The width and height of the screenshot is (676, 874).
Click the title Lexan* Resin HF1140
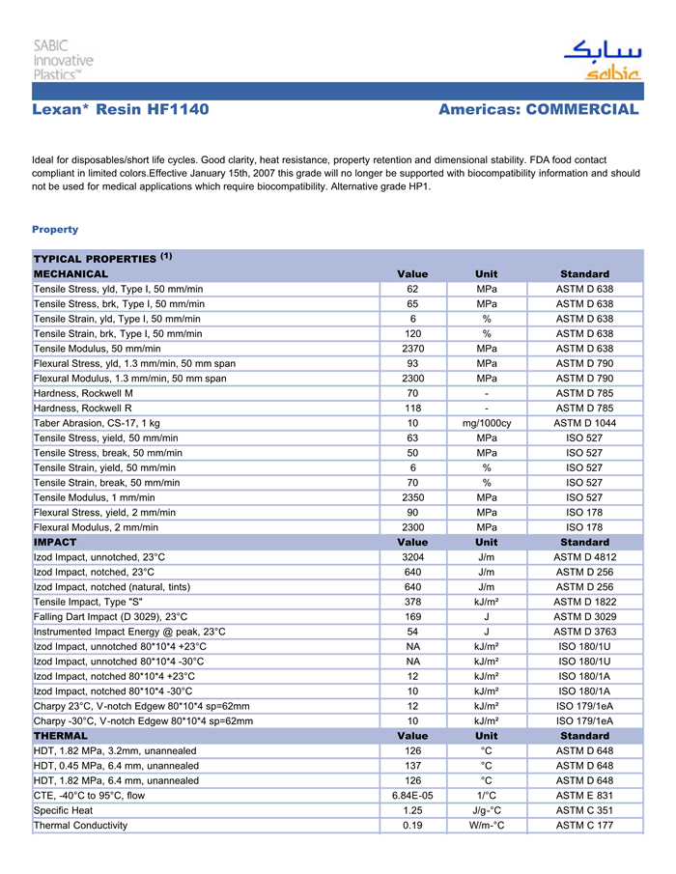121,110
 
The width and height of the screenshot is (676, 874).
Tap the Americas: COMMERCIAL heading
538,110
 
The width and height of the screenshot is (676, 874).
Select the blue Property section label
55,230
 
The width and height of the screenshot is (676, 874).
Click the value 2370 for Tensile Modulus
412,349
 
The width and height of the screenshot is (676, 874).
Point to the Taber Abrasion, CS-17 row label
97,423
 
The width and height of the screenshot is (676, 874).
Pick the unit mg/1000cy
487,423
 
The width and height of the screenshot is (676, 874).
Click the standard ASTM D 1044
584,423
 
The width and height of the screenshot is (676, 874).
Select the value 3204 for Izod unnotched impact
412,557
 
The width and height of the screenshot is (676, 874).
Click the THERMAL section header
61,735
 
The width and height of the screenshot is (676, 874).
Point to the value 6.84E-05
412,795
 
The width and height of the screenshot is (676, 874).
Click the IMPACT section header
55,542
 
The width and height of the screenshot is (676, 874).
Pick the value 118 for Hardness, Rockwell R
412,409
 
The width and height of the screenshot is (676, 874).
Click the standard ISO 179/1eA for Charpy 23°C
584,706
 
